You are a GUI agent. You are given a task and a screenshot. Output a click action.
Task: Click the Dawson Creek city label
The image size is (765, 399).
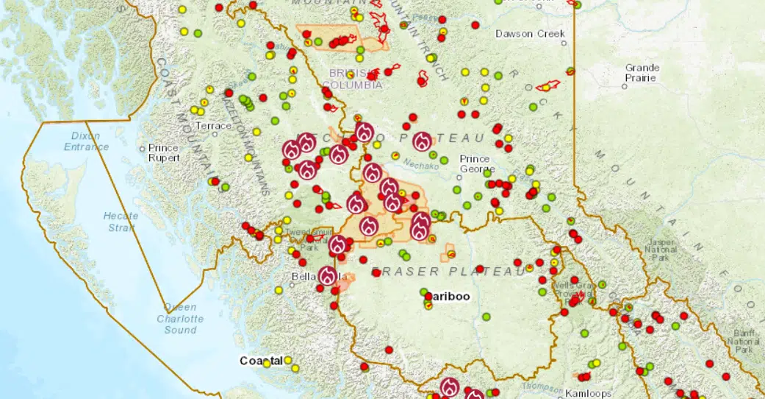(x=530, y=34)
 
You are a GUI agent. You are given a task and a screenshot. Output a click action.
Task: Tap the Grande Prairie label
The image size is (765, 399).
(x=642, y=72)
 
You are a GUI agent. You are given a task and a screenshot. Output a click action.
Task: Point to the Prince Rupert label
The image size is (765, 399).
(x=163, y=152)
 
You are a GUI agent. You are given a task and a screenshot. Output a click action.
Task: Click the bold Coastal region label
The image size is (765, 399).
(x=260, y=361)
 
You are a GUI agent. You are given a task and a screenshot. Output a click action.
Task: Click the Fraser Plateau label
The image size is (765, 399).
(x=448, y=272)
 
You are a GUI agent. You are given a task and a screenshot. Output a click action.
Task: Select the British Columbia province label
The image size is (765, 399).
(x=355, y=79)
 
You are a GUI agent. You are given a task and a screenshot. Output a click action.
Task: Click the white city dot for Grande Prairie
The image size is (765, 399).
(x=624, y=86)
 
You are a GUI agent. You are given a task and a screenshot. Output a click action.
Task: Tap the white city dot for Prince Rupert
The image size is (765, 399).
(x=143, y=148)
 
